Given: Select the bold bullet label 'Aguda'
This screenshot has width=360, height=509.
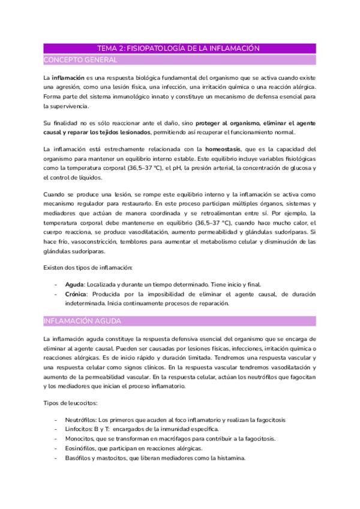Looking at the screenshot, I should pyautogui.click(x=75, y=284).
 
